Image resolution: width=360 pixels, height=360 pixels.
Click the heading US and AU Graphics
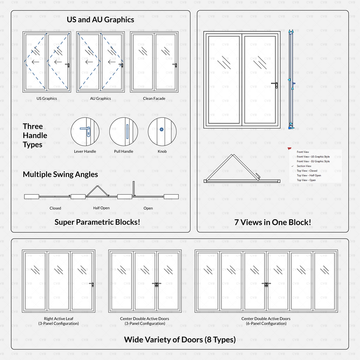(100, 19)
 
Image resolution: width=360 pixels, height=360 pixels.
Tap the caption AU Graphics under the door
(100, 99)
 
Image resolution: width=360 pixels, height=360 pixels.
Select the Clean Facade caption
(154, 99)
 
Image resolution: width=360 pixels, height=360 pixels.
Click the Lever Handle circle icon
(85, 131)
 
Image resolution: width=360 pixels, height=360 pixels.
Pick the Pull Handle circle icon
(123, 131)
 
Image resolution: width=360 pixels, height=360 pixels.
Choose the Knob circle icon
(162, 131)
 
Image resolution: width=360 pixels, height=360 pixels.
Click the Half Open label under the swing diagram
(101, 208)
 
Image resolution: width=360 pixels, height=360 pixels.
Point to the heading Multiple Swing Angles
(60, 174)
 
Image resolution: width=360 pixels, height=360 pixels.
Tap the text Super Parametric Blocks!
(97, 222)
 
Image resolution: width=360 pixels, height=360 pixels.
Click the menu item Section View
(304, 166)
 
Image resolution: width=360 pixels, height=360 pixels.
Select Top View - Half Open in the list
(309, 176)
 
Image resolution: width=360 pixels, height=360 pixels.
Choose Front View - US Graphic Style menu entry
(313, 157)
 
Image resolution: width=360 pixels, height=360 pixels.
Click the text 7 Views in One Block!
(272, 222)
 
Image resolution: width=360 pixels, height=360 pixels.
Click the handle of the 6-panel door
(267, 284)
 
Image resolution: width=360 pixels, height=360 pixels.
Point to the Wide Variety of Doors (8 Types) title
(180, 340)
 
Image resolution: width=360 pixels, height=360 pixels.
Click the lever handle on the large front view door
(275, 84)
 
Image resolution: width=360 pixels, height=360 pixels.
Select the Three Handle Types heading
(35, 135)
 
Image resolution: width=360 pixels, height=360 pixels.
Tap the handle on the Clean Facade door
(175, 65)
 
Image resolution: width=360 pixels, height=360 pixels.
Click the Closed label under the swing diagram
(55, 208)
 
